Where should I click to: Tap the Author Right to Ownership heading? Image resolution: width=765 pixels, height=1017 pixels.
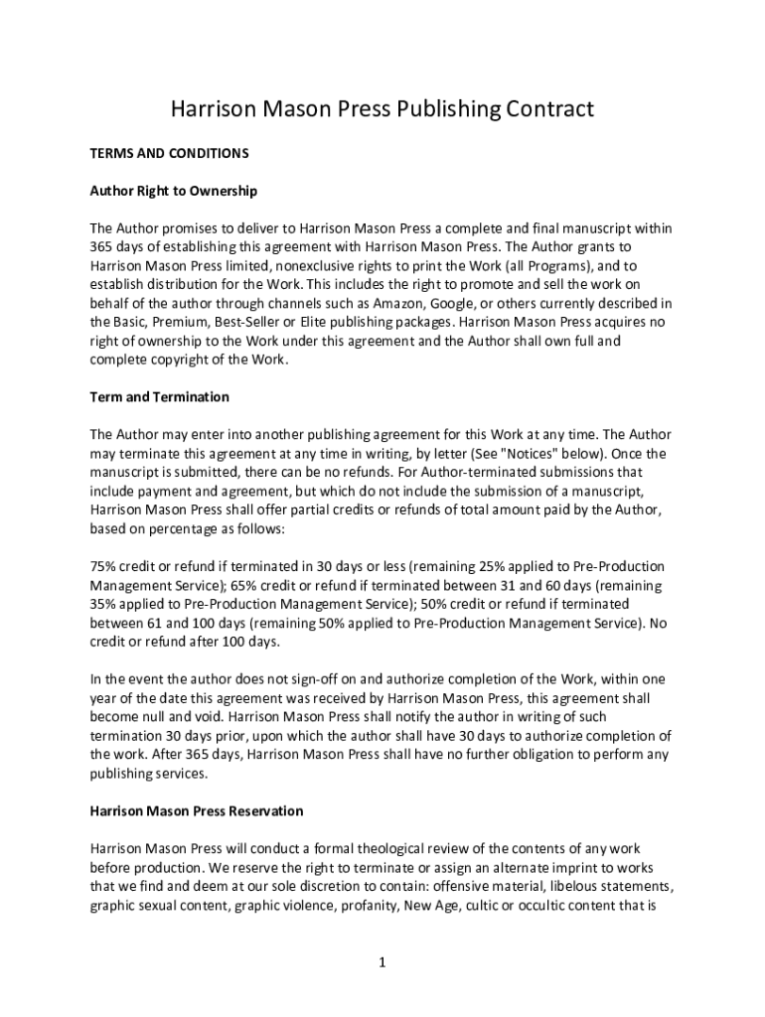tap(174, 191)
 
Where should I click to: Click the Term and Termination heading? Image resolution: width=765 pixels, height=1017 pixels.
tap(160, 397)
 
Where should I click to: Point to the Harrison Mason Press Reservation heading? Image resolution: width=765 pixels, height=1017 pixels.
tap(197, 811)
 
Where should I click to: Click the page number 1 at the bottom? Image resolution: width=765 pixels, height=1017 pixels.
tap(382, 962)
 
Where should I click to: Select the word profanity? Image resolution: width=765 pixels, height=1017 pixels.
tap(362, 906)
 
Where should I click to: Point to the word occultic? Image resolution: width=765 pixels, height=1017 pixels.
tap(552, 906)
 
